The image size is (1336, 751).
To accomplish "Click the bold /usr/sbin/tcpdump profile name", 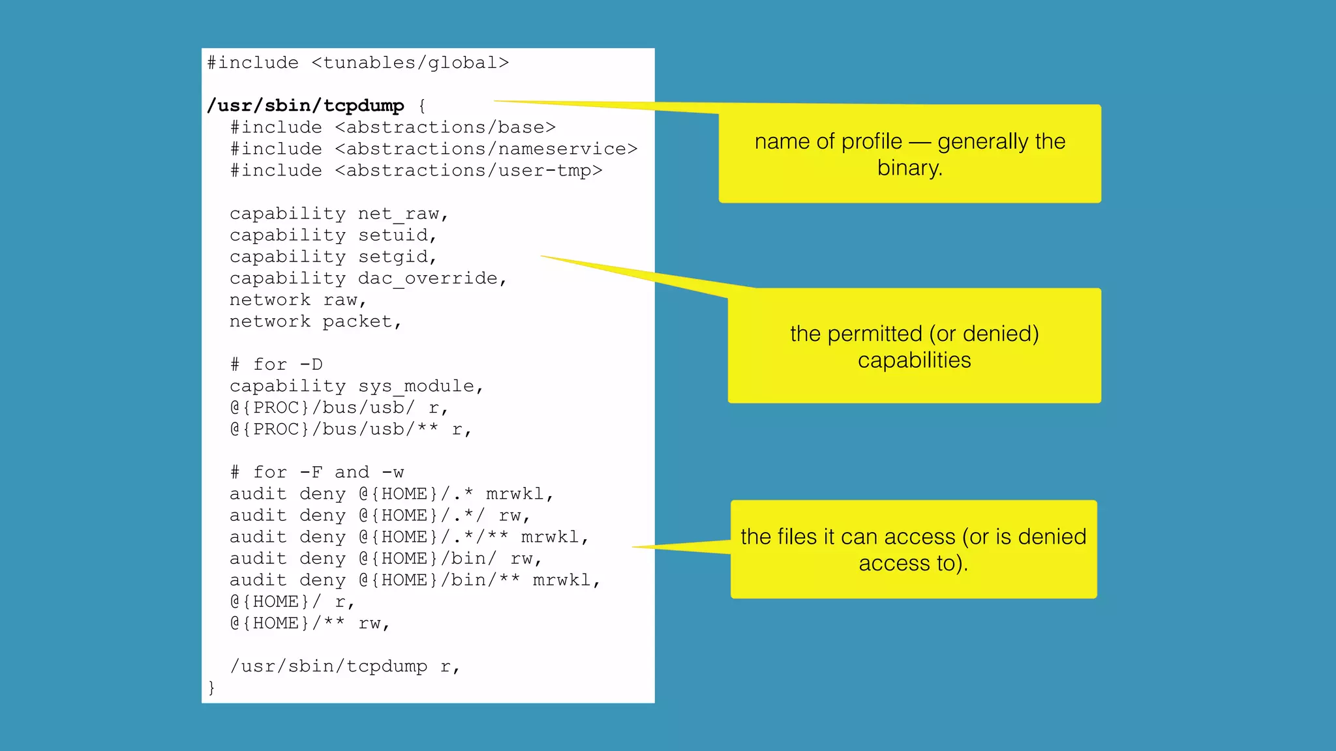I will click(x=305, y=106).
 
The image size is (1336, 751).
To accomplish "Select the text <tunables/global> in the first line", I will click(x=410, y=63).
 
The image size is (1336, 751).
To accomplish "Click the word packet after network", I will click(x=361, y=321).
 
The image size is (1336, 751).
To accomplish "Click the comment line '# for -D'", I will click(x=277, y=364).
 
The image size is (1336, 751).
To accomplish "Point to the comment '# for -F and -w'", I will click(x=317, y=472).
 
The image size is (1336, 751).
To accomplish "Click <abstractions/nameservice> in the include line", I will click(x=486, y=149).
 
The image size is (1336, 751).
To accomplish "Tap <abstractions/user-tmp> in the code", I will click(x=468, y=171).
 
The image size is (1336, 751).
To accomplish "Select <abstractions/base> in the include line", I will click(x=445, y=128).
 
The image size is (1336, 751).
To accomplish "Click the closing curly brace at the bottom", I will click(x=211, y=688).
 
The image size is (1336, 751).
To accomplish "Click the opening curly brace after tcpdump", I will click(x=422, y=106).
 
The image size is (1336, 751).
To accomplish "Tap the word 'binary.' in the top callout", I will click(x=910, y=168).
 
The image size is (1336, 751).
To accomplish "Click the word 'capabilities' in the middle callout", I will click(x=914, y=360).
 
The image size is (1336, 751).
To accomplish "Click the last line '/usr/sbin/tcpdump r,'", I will click(x=345, y=666).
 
